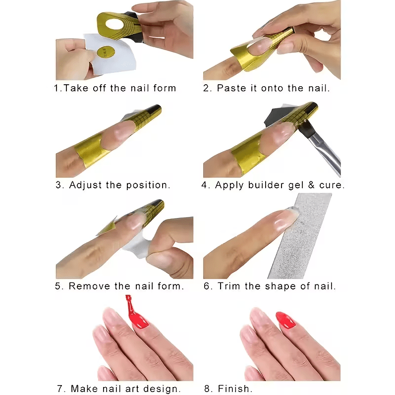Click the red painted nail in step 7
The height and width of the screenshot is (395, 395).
(x=139, y=320)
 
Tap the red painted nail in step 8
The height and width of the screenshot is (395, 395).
(x=285, y=320)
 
